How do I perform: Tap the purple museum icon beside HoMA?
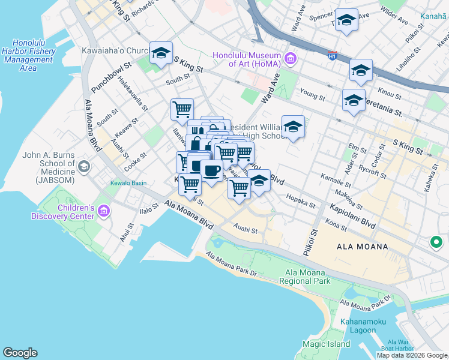coord(291,58)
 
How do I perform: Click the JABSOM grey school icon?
coord(83,165)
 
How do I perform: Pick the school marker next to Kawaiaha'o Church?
coord(161,53)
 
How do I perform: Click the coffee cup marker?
coord(211,171)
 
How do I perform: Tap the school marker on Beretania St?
coord(354,99)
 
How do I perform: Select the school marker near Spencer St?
coord(346,20)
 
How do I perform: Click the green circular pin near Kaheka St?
coord(436,242)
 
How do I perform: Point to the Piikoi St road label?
coord(314,226)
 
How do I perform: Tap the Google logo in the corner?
coord(20,353)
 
